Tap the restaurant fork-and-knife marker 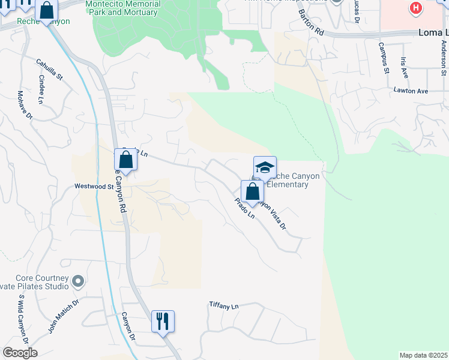point(163,322)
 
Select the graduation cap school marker point(265,167)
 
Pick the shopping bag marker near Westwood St point(125,160)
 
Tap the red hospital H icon point(414,8)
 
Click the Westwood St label point(94,187)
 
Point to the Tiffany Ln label point(223,305)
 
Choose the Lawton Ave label point(411,91)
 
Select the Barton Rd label point(310,23)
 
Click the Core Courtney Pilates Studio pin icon point(77,281)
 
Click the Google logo point(20,353)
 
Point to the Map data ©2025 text point(423,355)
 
